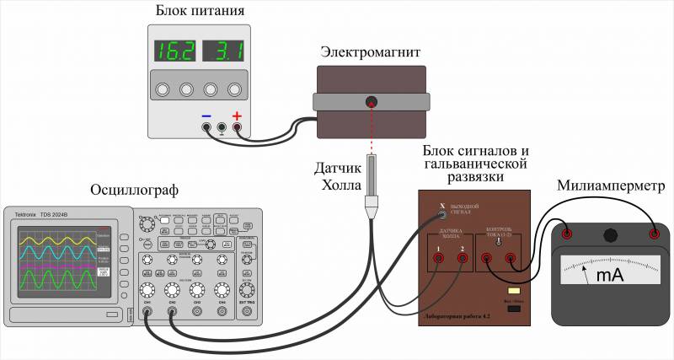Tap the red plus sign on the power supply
(x=237, y=116)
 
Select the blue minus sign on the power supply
(x=206, y=116)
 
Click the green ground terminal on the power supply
(x=222, y=128)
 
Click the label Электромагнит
(x=370, y=52)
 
